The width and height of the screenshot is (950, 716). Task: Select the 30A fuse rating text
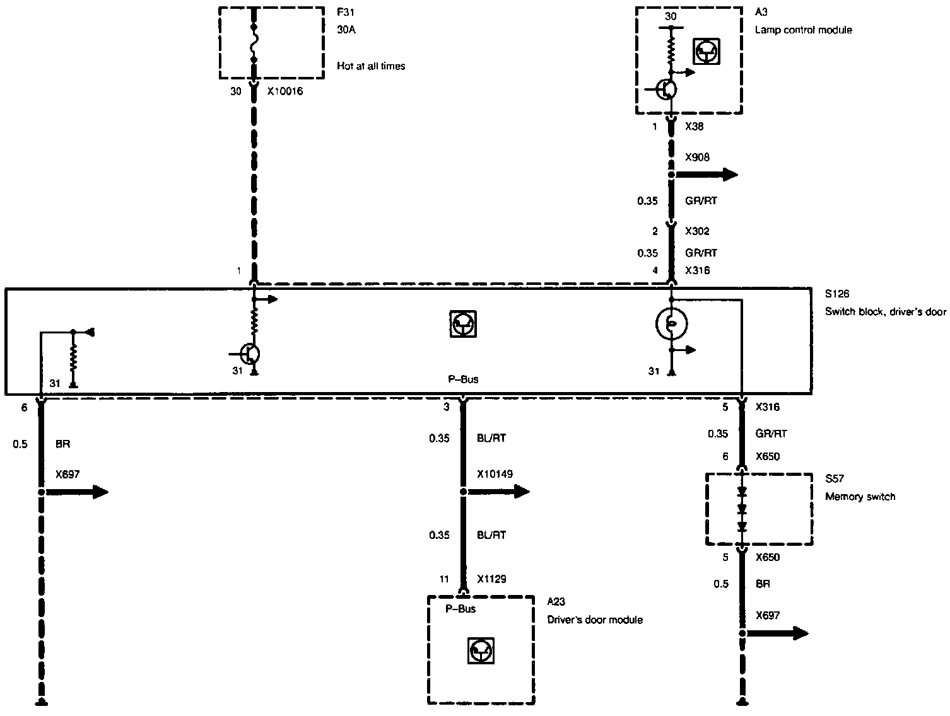[x=346, y=30]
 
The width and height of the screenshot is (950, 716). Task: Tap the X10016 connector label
[x=284, y=91]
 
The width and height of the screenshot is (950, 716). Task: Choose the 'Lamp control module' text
[x=803, y=30]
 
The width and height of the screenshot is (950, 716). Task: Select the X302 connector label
[x=697, y=231]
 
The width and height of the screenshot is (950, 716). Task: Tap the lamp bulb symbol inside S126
[x=672, y=324]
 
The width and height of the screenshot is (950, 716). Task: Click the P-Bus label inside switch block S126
[x=462, y=379]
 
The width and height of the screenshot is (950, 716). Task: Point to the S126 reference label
[x=837, y=294]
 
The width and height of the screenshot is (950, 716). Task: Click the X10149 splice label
[x=495, y=474]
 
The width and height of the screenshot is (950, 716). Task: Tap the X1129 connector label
[x=492, y=579]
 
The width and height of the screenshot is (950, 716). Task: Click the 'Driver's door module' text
[x=594, y=620]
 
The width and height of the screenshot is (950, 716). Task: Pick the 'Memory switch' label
[x=860, y=497]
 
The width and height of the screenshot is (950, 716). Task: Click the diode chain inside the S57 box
[x=742, y=509]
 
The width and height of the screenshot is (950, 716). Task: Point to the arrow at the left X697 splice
[x=91, y=492]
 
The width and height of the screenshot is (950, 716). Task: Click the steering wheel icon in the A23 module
[x=481, y=650]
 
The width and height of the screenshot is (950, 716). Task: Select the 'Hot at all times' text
[x=371, y=66]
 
